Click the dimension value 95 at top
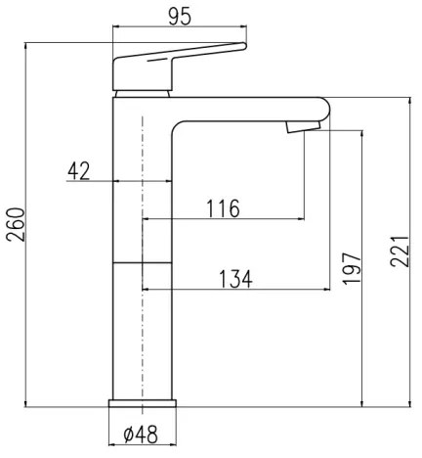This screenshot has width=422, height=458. click(178, 17)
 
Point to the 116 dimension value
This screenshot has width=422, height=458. click(224, 207)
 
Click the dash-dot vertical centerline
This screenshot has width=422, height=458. click(144, 323)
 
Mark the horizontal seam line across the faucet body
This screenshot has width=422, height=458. click(143, 262)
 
